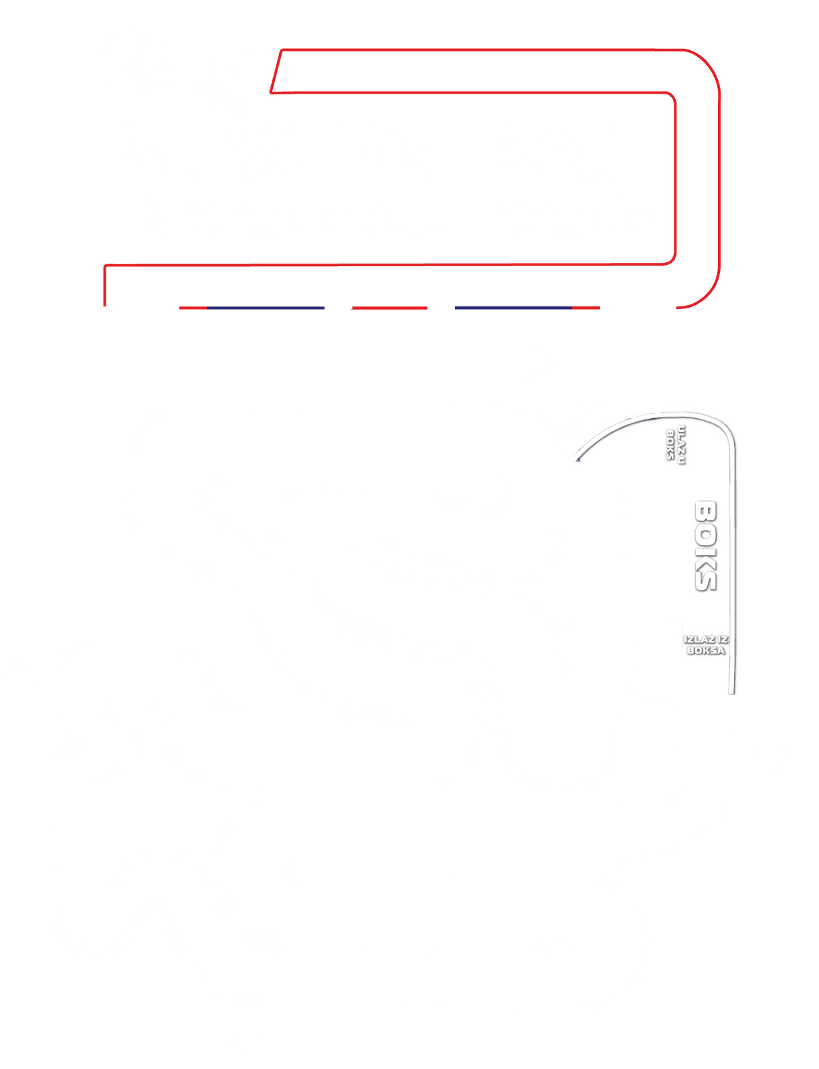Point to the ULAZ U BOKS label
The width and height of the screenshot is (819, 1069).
pos(676,444)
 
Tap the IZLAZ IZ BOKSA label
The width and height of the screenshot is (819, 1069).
pos(706,644)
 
